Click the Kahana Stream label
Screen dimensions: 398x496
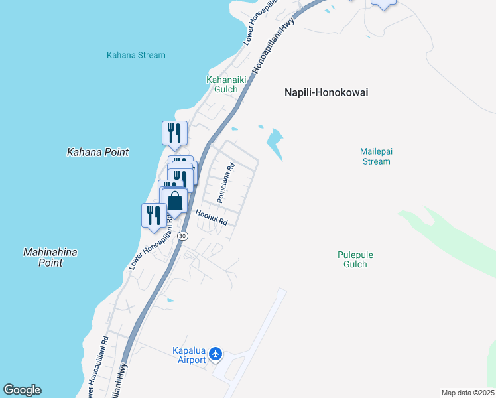pos(136,55)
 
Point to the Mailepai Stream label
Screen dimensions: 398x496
pos(376,156)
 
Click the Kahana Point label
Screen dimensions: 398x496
pos(97,152)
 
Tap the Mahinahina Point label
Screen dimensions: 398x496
pos(50,257)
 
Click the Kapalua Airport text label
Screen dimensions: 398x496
pos(189,355)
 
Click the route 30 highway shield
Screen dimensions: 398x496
pos(183,236)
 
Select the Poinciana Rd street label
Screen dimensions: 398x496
pos(226,183)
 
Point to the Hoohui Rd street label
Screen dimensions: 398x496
pos(212,218)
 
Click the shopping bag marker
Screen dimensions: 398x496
pos(175,201)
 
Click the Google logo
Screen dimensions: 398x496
pos(22,390)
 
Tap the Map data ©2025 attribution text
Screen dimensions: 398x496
pos(468,393)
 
